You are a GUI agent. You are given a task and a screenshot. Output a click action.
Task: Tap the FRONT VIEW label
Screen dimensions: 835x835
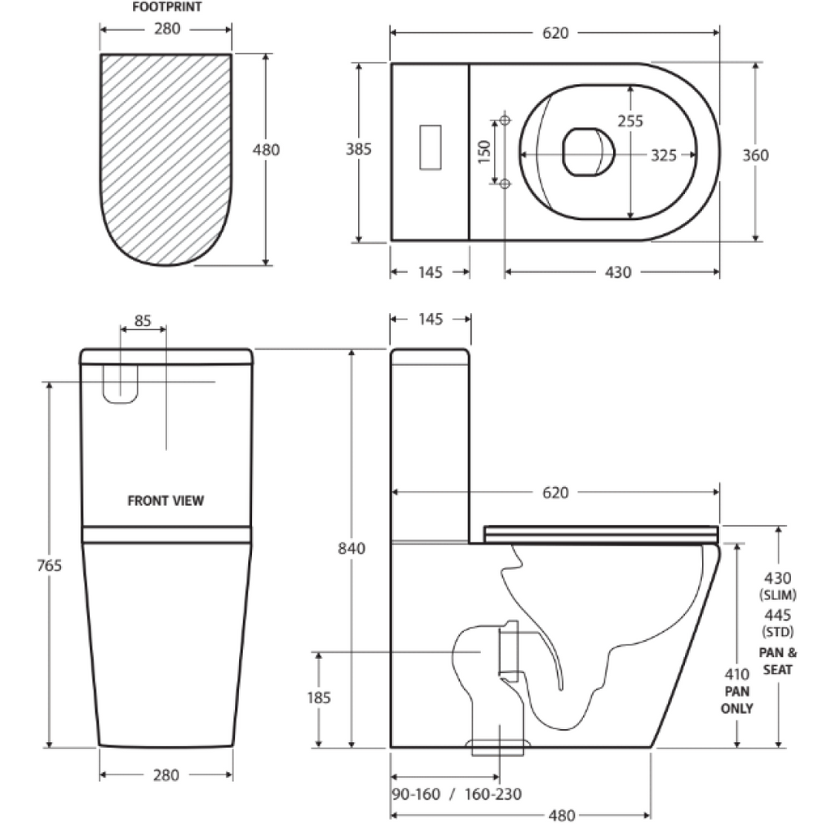pos(166,501)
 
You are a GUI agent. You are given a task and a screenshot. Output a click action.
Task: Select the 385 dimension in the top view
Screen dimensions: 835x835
pos(359,149)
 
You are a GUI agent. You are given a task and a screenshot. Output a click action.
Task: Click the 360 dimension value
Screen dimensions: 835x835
pos(756,155)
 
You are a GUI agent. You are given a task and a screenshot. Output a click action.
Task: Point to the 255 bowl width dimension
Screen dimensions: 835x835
pos(630,121)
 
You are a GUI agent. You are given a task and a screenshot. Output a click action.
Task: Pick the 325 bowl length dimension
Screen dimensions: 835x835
pos(663,155)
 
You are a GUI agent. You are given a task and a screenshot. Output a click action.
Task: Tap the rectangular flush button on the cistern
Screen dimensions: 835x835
pos(430,147)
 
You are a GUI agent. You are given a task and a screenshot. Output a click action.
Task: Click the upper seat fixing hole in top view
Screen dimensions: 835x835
pos(505,121)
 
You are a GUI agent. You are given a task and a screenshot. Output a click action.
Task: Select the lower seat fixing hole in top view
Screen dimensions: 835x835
pos(505,183)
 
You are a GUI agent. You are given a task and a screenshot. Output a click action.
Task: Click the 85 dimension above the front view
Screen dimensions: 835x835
pos(143,320)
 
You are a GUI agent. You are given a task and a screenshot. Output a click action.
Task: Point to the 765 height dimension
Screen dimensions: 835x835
pos(50,565)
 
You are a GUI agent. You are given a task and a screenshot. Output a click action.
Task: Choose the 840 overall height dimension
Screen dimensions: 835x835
pos(351,548)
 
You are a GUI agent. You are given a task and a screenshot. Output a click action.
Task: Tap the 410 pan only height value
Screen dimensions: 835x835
pos(737,674)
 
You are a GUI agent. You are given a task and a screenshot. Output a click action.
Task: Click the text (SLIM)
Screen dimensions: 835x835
pos(776,594)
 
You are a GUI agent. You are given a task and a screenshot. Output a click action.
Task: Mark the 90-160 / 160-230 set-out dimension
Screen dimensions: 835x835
pos(457,793)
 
